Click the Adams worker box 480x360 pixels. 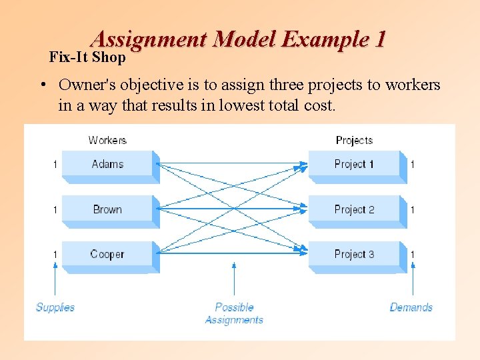point(108,165)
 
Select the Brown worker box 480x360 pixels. point(108,209)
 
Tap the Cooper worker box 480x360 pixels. point(108,255)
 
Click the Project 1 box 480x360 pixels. point(354,165)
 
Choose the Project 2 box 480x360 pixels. point(354,209)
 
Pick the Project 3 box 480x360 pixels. point(354,255)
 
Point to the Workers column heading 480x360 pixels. point(107,140)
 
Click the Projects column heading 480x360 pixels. point(354,140)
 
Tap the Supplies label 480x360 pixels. point(55,307)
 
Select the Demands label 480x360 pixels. point(411,307)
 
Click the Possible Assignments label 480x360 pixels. point(234,313)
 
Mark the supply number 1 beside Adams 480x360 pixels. point(55,165)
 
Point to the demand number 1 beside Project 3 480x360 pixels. point(413,255)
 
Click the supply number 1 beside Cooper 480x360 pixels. point(55,255)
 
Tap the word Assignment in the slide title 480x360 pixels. point(149,39)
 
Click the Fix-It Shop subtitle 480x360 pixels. point(87,57)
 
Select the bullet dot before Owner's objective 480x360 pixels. point(42,85)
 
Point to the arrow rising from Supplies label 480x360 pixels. point(55,280)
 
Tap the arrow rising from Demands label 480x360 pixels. point(413,280)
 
